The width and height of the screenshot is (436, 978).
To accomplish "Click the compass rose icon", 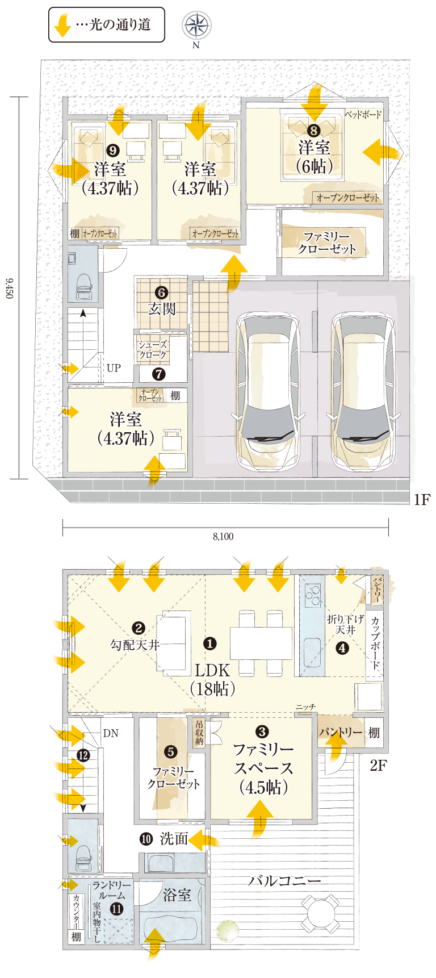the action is point(196,25).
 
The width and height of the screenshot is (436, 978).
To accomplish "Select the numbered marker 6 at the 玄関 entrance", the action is point(162,292).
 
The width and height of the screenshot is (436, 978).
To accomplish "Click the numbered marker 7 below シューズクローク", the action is point(159,374).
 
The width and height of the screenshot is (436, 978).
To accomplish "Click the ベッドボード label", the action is point(363,115).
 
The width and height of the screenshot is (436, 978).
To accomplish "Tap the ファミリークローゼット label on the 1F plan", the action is point(328,243).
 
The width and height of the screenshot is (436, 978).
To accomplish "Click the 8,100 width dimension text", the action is point(223,536).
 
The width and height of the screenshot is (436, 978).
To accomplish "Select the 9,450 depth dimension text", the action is point(9,289).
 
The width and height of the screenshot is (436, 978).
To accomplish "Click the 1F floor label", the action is point(422,499).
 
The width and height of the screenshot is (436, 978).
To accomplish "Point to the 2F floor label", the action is point(378,765).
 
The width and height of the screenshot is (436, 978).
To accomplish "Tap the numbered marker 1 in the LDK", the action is point(210,643).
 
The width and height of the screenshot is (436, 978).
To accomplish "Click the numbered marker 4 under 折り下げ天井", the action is point(342,647).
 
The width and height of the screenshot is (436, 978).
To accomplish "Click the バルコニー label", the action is point(284,881).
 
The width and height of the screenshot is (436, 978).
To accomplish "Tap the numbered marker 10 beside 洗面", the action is point(146,838).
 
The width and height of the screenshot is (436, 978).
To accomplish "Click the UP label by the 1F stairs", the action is point(114,368).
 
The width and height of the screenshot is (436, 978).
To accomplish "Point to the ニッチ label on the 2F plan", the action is point(305,707).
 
